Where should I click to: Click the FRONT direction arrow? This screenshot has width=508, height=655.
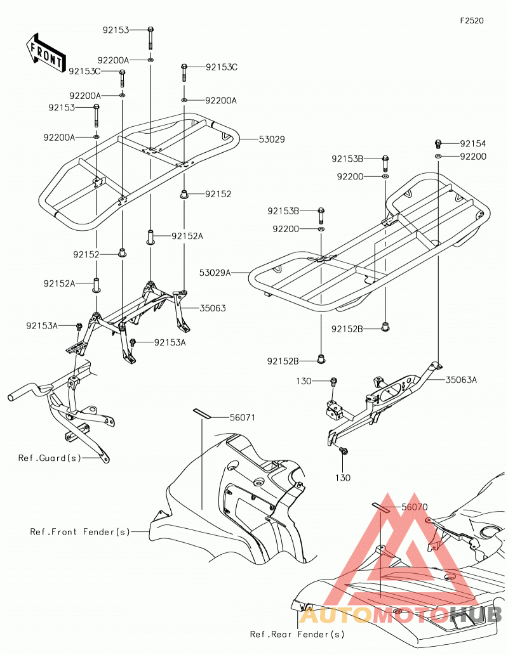coord(44,52)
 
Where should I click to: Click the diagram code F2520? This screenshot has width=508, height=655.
coord(472,21)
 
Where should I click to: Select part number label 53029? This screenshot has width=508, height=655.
coord(272,139)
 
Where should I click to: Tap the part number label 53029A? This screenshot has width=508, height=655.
coord(215,273)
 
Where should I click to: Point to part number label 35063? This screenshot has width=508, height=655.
coord(213,308)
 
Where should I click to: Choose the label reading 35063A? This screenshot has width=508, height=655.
coord(461,380)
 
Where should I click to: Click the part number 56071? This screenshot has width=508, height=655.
coord(243,417)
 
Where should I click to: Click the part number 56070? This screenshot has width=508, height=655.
coord(414,507)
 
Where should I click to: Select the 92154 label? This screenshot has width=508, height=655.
coord(473,144)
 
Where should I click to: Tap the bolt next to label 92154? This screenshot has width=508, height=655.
coord(438,144)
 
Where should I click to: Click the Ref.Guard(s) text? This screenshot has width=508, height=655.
coord(50,458)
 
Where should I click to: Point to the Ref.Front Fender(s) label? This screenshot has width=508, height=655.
coord(80,532)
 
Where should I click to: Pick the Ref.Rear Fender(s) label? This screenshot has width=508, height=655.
coord(297,634)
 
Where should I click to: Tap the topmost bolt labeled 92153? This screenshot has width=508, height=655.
coord(150,37)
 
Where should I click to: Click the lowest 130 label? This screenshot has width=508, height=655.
coord(343,477)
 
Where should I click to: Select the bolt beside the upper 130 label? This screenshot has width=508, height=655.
coord(333,381)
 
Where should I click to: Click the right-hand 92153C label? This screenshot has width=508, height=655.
coord(222,67)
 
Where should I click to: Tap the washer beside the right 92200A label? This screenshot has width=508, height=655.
coord(184,100)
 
